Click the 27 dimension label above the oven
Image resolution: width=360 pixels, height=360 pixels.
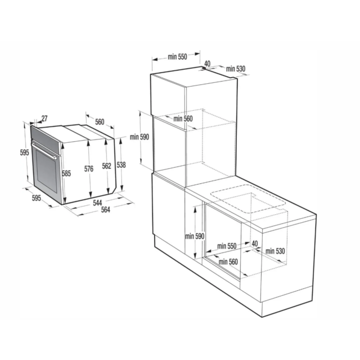44,119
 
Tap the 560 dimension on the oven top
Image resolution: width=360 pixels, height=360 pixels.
100,122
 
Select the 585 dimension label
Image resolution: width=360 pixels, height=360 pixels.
66,173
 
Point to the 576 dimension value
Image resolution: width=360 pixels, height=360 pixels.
89,169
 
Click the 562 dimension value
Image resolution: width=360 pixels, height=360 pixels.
106,166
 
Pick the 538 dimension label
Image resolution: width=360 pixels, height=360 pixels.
121,165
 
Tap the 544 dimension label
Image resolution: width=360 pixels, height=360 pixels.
97,202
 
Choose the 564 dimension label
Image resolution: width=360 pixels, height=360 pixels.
106,210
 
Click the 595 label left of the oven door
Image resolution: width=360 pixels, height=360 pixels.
24,152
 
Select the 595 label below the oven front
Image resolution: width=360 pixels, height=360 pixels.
36,198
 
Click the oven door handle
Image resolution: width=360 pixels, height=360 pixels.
44,151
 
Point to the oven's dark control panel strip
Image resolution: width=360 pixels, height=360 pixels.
46,139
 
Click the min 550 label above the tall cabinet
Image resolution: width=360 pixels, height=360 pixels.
177,56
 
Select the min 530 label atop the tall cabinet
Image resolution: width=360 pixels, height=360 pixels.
236,69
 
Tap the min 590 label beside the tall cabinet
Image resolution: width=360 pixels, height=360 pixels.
139,137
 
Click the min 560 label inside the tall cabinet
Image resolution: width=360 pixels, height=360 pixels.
183,119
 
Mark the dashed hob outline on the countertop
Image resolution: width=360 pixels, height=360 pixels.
247,199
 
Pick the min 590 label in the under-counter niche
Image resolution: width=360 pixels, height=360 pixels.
195,236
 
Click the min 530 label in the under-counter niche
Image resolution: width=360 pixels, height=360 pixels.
275,251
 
